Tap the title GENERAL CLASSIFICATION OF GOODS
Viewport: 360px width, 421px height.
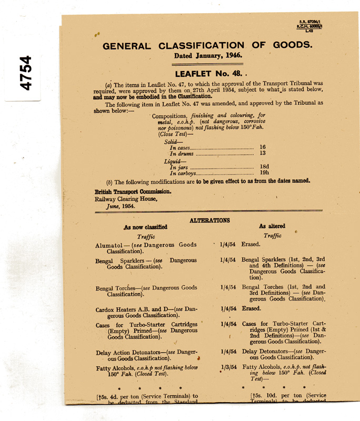[x=207, y=45]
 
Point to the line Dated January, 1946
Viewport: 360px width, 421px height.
[x=208, y=55]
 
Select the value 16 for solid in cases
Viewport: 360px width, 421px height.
[x=263, y=147]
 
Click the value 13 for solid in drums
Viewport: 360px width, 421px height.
[x=263, y=154]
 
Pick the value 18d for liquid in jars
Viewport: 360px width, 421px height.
[x=264, y=166]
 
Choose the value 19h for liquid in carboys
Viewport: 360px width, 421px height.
[x=264, y=173]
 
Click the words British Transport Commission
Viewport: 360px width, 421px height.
[x=133, y=192]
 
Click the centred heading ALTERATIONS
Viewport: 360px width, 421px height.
[x=209, y=220]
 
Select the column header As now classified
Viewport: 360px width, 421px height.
[x=145, y=227]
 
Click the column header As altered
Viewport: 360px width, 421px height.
[x=272, y=226]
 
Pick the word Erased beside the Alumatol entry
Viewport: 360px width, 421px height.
[x=251, y=245]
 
